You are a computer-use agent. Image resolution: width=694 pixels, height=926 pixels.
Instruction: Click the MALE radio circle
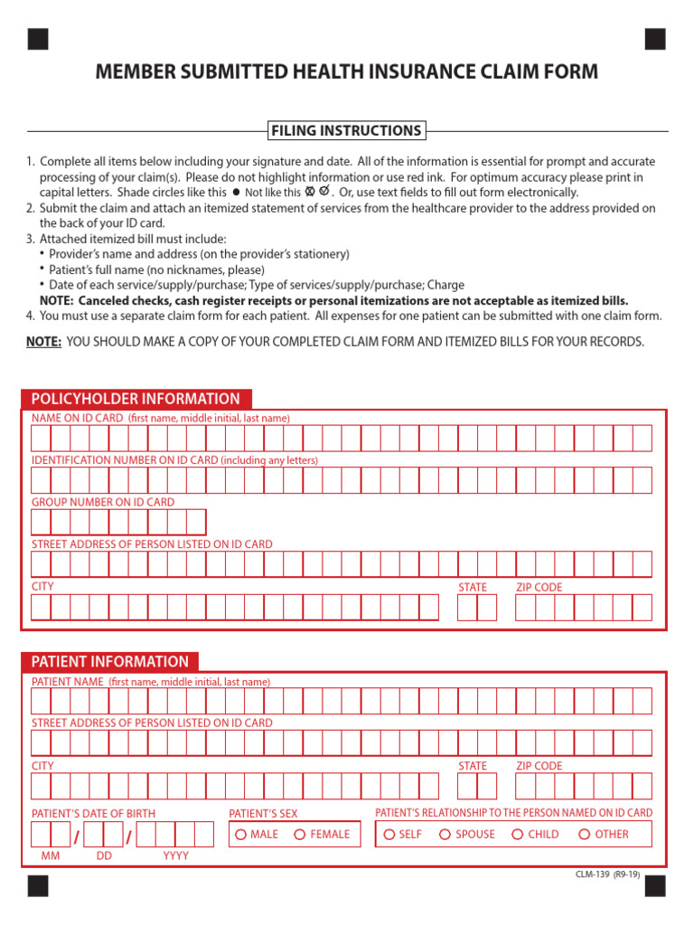click(x=240, y=835)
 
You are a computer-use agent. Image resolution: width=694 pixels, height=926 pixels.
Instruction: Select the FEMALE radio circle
click(x=300, y=835)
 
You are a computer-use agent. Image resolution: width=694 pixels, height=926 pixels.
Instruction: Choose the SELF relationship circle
click(x=389, y=835)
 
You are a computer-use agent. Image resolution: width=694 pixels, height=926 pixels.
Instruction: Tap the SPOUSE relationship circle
click(x=445, y=835)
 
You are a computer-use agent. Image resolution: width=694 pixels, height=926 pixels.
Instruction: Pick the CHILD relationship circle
click(x=518, y=835)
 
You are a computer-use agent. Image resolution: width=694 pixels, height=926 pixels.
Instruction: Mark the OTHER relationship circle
click(x=585, y=835)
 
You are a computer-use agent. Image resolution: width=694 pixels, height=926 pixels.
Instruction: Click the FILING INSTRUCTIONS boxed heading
click(x=347, y=131)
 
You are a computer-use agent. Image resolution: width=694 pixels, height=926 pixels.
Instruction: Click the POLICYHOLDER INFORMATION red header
click(x=136, y=399)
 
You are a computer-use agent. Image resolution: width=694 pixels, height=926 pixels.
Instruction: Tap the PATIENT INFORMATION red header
click(x=110, y=661)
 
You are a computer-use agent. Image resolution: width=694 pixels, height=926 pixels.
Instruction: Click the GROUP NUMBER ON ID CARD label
click(x=103, y=502)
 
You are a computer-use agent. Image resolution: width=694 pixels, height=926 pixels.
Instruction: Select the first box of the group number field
click(x=42, y=523)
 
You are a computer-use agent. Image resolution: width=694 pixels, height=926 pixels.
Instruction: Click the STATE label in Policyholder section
click(x=472, y=587)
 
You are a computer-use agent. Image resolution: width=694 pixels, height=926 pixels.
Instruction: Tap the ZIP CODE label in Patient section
click(x=539, y=766)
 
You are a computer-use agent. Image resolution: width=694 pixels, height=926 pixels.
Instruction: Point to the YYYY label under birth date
click(x=175, y=855)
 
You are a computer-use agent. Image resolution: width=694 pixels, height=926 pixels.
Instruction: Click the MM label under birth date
click(x=51, y=855)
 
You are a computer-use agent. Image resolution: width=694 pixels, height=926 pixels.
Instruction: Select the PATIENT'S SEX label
click(x=263, y=814)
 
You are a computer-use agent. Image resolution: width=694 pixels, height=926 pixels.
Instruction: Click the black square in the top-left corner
click(x=38, y=39)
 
